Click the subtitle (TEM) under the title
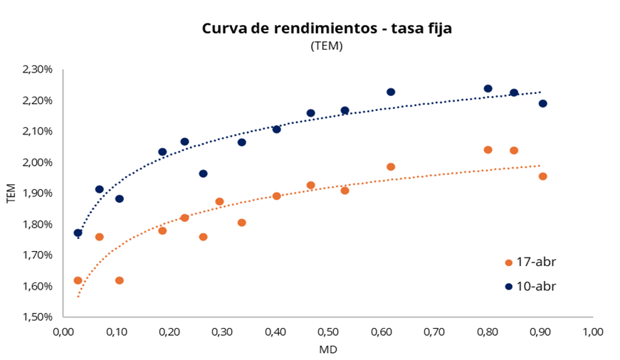[x=327, y=46]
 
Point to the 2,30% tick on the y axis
[x=38, y=70]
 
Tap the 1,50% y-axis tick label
[x=38, y=317]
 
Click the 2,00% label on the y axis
[x=38, y=162]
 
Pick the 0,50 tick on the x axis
[x=328, y=332]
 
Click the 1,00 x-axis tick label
[x=593, y=332]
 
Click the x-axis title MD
[x=328, y=349]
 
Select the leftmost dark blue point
[x=78, y=233]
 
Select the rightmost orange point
[x=543, y=176]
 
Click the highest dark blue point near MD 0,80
[x=488, y=89]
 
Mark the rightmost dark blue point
[x=543, y=103]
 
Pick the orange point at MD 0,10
[x=119, y=280]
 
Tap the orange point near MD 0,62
[x=391, y=166]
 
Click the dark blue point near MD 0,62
[x=391, y=92]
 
